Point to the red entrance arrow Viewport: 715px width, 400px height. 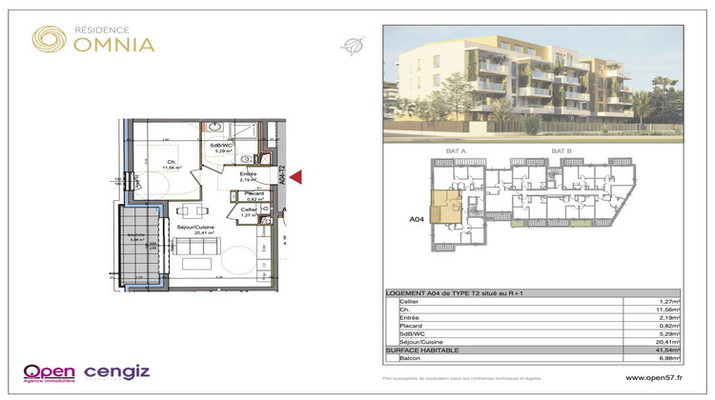[296, 175]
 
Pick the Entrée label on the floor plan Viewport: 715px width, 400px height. [247, 174]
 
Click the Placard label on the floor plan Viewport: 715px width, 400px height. [253, 194]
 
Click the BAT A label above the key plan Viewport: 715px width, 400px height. [455, 151]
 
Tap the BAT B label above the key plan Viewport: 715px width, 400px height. [562, 151]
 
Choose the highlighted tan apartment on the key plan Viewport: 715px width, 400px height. [444, 207]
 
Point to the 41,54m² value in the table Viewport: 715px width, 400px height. [668, 351]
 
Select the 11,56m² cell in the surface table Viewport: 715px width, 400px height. [668, 309]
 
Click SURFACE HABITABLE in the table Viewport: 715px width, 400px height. [421, 351]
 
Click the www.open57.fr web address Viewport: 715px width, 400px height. [657, 377]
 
